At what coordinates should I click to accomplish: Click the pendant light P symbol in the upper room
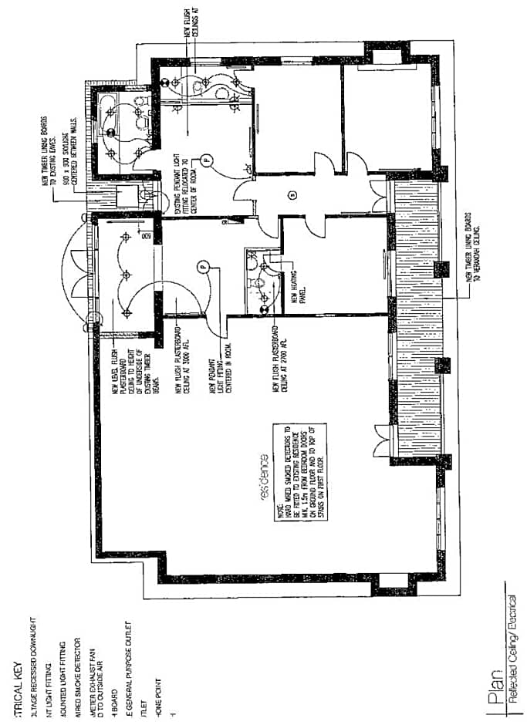click(206, 160)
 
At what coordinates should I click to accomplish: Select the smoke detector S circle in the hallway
click(292, 194)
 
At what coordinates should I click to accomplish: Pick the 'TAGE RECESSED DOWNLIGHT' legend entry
click(33, 649)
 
